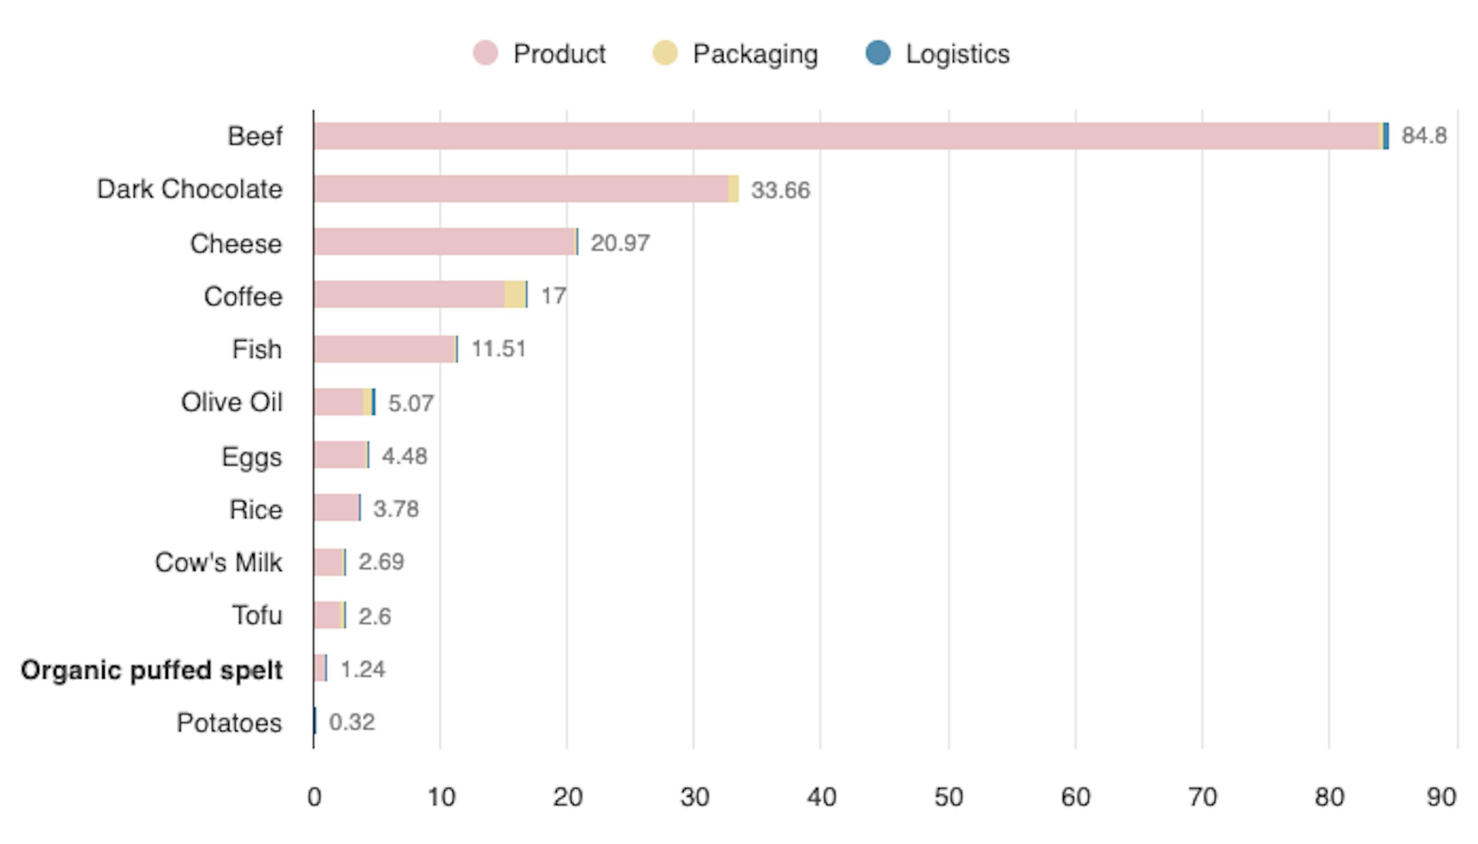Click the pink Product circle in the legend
pyautogui.click(x=485, y=53)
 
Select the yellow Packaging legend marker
pyautogui.click(x=665, y=53)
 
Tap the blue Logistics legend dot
pyautogui.click(x=877, y=53)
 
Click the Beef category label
pyautogui.click(x=255, y=137)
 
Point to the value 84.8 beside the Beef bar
pyautogui.click(x=1423, y=135)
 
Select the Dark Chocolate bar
pyautogui.click(x=522, y=189)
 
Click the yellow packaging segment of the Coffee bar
pyautogui.click(x=514, y=294)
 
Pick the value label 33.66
pyautogui.click(x=780, y=190)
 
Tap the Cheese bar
pyautogui.click(x=443, y=242)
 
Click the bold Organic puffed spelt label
pyautogui.click(x=151, y=670)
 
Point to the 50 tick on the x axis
pyautogui.click(x=948, y=798)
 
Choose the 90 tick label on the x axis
pyautogui.click(x=1441, y=798)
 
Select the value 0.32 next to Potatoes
pyautogui.click(x=351, y=722)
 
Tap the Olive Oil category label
pyautogui.click(x=232, y=402)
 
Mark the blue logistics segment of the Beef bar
pyautogui.click(x=1386, y=136)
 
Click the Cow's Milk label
pyautogui.click(x=218, y=562)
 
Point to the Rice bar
pyautogui.click(x=336, y=508)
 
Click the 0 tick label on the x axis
pyautogui.click(x=314, y=798)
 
